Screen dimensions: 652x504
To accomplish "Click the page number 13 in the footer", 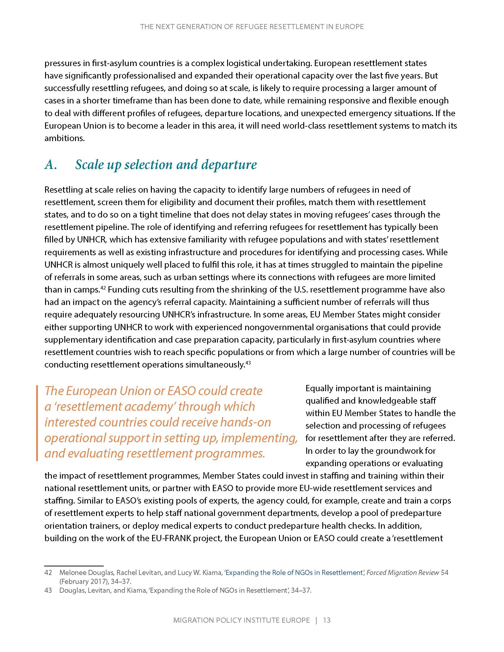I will tap(327, 620).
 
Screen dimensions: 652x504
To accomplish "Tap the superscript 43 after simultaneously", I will tap(247, 363).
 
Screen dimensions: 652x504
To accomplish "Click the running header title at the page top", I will tap(252, 27).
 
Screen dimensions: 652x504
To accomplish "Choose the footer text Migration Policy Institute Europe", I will tap(241, 620).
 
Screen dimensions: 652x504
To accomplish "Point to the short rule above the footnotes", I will tap(74, 565).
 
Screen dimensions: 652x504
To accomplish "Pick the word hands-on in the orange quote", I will tap(246, 422).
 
